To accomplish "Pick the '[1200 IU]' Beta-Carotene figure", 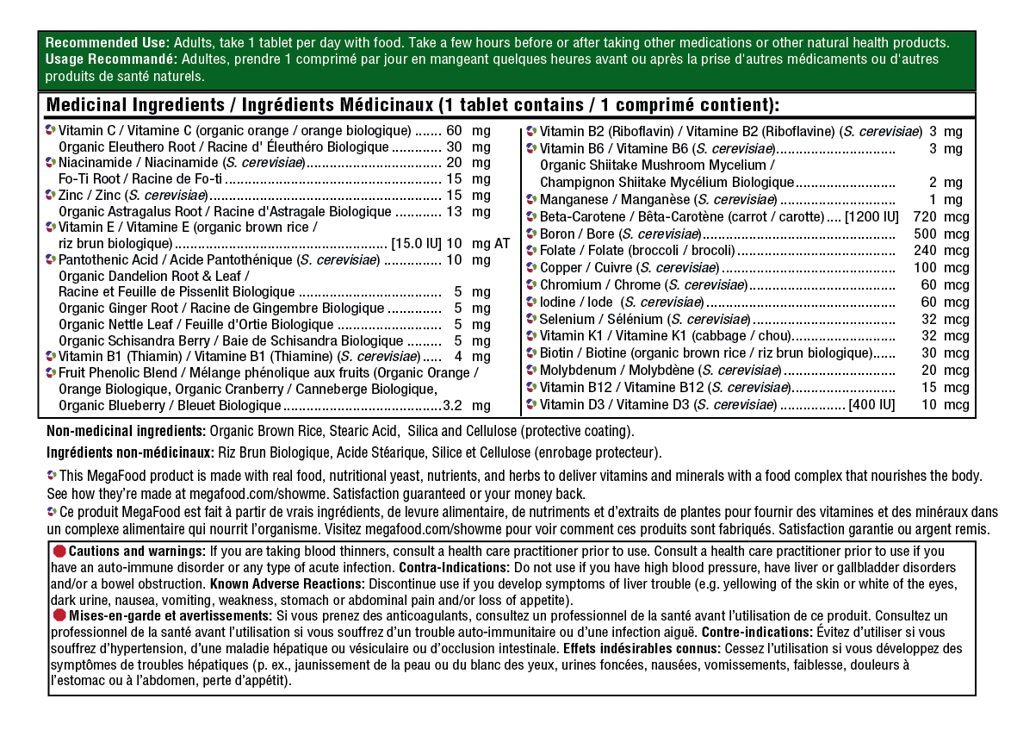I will (x=872, y=216).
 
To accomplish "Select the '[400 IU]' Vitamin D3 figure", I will (x=871, y=405).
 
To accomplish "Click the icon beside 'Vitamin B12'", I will (x=531, y=388).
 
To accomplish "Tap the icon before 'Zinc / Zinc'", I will (x=51, y=196).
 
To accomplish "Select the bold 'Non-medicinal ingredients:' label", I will (x=126, y=430).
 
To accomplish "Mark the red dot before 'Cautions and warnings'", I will (x=59, y=551).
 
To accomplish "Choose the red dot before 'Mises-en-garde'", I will (x=59, y=615).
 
